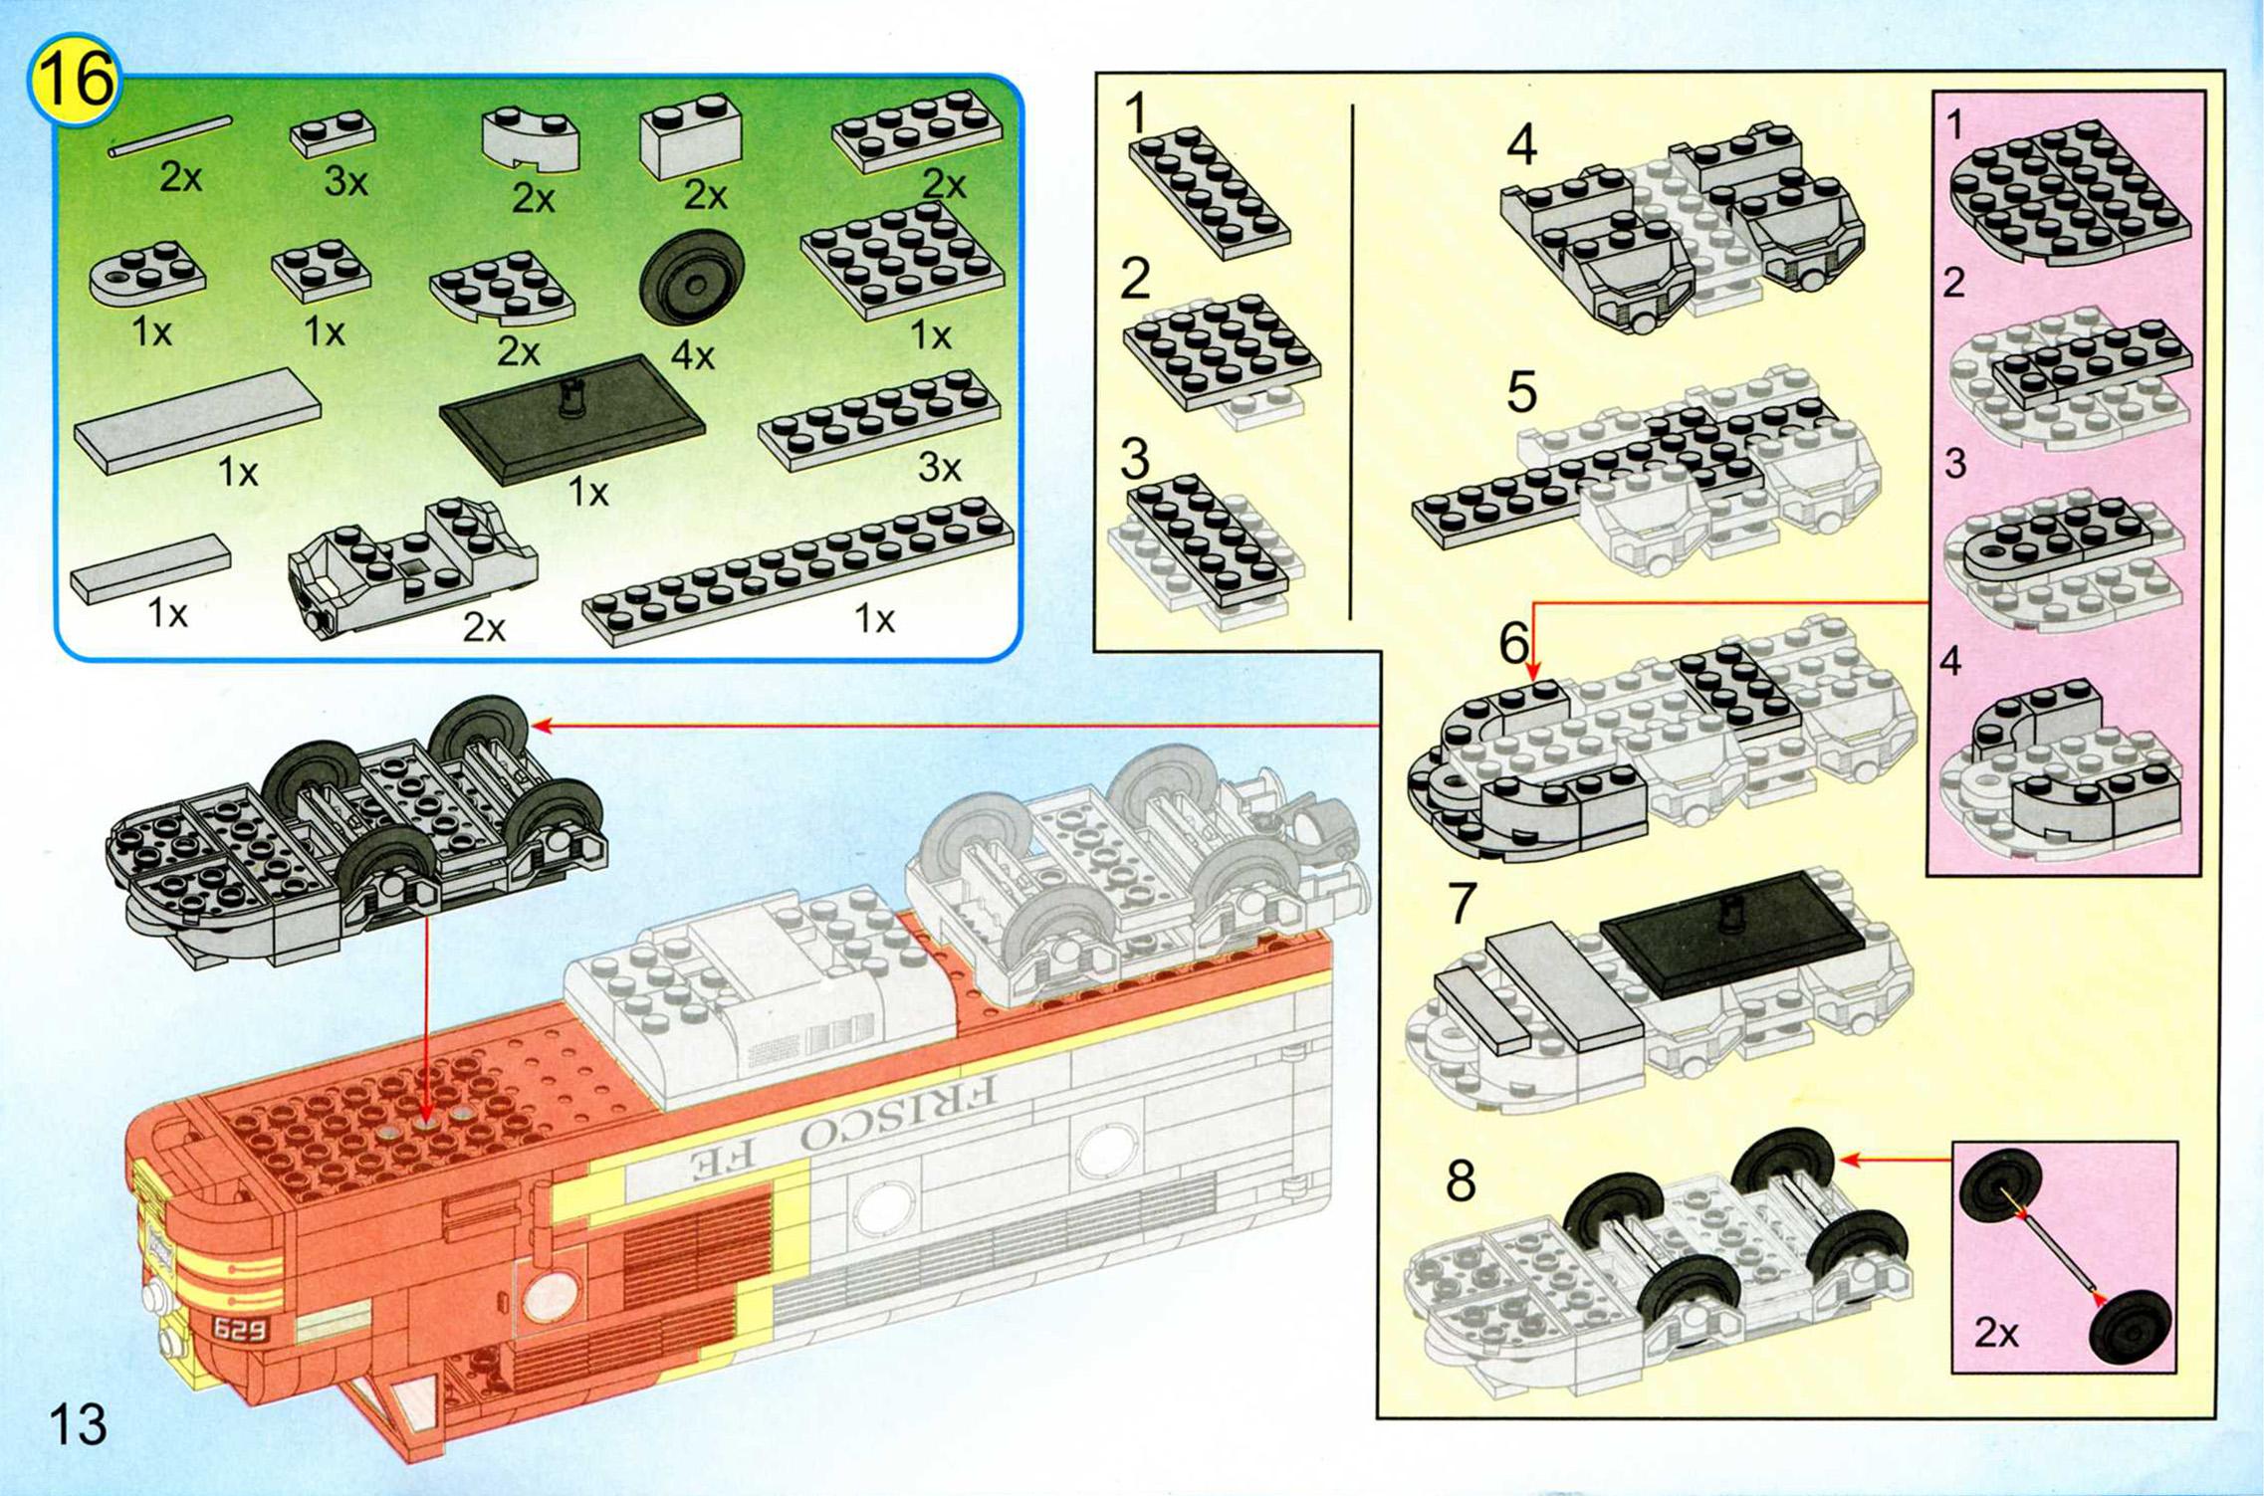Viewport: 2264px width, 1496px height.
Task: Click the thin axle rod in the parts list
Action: click(169, 136)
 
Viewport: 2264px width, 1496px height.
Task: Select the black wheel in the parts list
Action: click(692, 282)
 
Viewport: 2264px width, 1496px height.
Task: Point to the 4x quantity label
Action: click(693, 354)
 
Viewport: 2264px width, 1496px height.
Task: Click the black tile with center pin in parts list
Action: click(572, 419)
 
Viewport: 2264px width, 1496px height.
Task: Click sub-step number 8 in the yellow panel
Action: click(1460, 1180)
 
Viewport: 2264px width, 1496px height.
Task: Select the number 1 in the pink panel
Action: click(1954, 125)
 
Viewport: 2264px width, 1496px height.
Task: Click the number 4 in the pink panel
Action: click(1951, 661)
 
